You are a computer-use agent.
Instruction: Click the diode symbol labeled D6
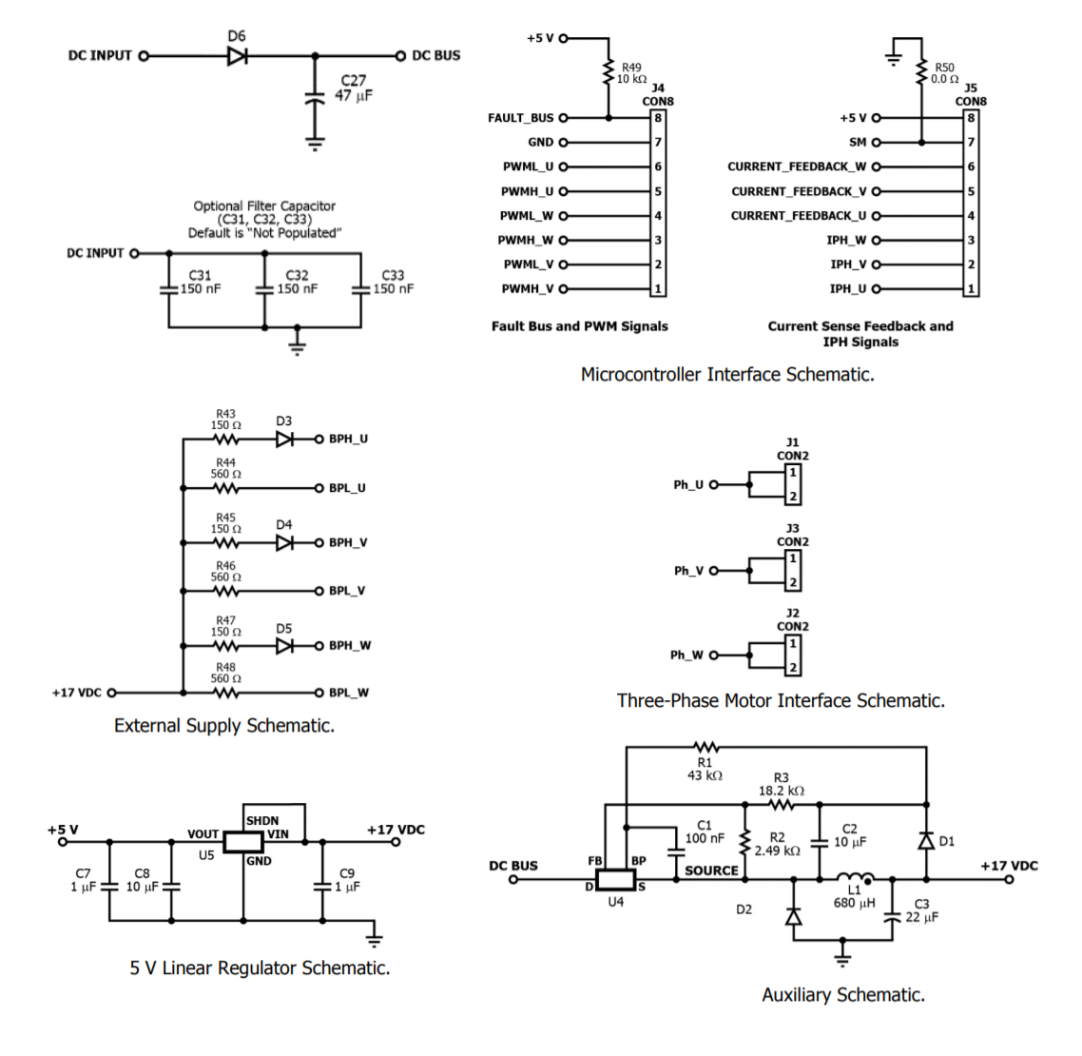coord(237,56)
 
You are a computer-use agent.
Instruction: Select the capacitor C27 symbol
coord(315,98)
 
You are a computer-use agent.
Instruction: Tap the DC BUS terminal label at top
coord(435,56)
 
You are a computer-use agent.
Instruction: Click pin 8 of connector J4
coord(657,118)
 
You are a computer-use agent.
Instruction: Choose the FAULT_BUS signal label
coord(520,118)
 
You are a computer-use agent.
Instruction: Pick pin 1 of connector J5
coord(970,289)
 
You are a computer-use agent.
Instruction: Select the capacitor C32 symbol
coord(264,289)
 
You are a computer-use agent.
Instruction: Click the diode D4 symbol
coord(284,543)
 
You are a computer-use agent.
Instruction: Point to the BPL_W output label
coord(348,694)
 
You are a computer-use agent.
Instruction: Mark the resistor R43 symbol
coord(225,440)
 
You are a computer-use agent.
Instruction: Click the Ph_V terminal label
coord(688,571)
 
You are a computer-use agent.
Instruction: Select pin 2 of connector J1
coord(792,497)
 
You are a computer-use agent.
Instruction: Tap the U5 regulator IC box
coord(242,841)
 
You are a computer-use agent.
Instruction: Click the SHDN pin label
coord(262,820)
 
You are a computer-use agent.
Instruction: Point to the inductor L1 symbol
coord(855,878)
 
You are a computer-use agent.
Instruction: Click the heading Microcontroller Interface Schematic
coord(726,375)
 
